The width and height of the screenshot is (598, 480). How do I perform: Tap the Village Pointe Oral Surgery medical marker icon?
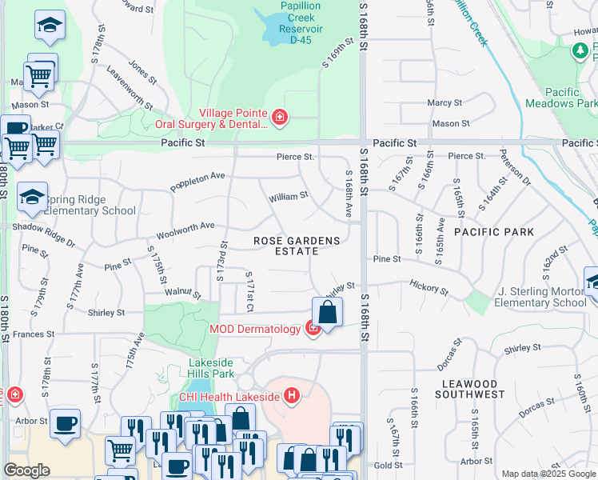pyautogui.click(x=279, y=118)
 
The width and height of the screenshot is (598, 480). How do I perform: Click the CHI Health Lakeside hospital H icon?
pyautogui.click(x=292, y=395)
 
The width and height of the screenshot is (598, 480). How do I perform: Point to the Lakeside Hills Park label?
pyautogui.click(x=211, y=367)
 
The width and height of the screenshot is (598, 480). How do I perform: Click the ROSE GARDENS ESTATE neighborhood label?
pyautogui.click(x=297, y=246)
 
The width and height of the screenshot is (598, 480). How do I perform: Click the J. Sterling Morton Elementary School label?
pyautogui.click(x=540, y=297)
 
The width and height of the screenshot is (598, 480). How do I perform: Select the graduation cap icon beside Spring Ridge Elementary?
pyautogui.click(x=32, y=198)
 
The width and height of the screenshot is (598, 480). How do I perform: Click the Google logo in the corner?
pyautogui.click(x=26, y=470)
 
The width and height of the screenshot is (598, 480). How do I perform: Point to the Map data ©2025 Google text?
pyautogui.click(x=548, y=474)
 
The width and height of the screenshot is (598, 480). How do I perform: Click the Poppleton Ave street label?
pyautogui.click(x=197, y=182)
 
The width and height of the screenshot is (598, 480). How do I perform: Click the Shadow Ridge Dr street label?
pyautogui.click(x=43, y=234)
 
